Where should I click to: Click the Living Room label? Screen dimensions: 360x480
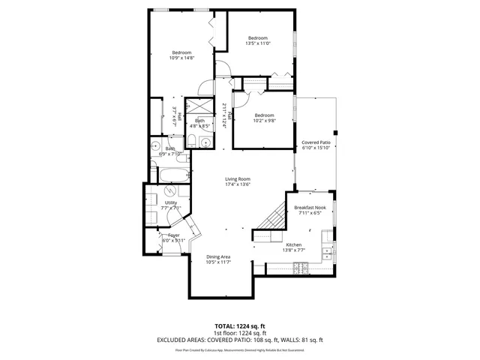[x=238, y=178]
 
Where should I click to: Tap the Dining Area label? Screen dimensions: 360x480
[x=218, y=256]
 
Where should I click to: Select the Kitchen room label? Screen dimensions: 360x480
[x=294, y=244]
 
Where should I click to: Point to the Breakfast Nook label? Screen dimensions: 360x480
[x=309, y=207]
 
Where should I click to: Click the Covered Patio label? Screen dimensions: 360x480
[x=316, y=142]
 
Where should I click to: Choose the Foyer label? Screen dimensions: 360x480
[x=173, y=235]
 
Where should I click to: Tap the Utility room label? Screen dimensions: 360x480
[x=171, y=202]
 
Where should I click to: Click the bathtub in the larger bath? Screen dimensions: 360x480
[x=173, y=177]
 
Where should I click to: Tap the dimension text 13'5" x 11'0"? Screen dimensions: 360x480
[x=258, y=43]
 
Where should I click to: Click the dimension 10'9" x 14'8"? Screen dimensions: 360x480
[x=182, y=58]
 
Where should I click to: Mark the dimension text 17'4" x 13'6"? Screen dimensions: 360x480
[x=238, y=184]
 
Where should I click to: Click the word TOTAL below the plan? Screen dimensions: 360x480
[x=226, y=325]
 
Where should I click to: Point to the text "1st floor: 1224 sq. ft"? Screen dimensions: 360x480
[x=240, y=332]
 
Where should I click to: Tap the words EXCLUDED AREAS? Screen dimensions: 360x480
[x=182, y=340]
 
